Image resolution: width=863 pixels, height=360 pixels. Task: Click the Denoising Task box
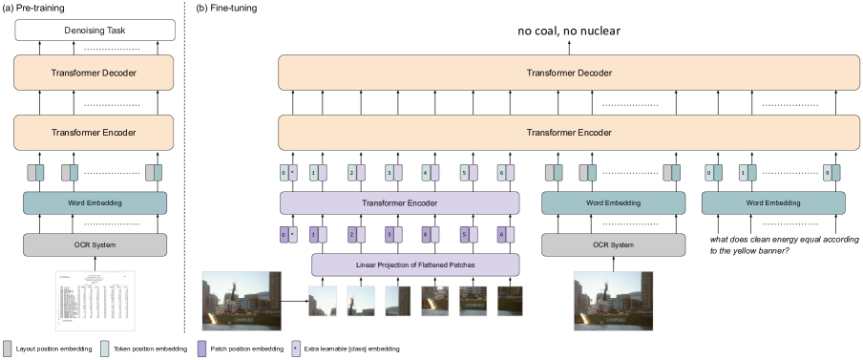tap(95, 31)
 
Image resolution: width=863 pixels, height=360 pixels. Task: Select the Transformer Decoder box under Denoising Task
tap(94, 73)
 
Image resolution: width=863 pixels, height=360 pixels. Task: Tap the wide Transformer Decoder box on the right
tap(569, 73)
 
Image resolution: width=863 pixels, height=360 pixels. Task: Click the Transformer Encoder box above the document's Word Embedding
tap(94, 133)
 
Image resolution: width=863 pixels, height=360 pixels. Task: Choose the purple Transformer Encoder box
tap(399, 202)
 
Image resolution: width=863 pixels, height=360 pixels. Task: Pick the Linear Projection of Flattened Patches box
tap(415, 265)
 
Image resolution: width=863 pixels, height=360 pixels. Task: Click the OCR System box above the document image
tap(95, 245)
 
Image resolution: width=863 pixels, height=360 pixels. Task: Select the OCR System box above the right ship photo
tap(613, 245)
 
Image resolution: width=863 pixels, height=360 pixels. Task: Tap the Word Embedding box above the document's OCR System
tap(95, 202)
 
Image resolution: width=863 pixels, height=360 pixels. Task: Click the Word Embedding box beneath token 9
tap(773, 202)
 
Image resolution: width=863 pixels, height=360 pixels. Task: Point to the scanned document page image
tap(95, 301)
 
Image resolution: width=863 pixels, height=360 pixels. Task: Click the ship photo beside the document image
tap(242, 301)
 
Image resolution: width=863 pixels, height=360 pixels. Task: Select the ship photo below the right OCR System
tap(613, 301)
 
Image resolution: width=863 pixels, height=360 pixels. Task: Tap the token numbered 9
tap(828, 173)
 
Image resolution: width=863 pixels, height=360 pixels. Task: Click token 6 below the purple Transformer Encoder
tap(501, 234)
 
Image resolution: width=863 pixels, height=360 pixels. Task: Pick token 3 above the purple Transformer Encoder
tap(389, 173)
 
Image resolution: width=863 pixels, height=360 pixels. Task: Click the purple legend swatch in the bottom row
tap(202, 349)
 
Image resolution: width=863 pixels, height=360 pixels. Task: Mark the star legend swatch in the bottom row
tap(296, 349)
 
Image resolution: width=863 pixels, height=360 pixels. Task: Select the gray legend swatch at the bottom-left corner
tap(8, 349)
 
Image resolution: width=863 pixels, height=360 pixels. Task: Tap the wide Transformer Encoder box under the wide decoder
tap(569, 133)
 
